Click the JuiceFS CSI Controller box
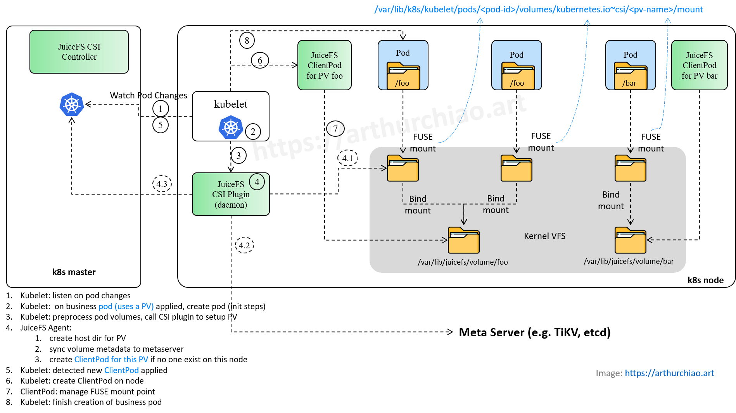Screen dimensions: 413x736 coord(79,52)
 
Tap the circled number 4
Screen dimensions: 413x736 coord(257,182)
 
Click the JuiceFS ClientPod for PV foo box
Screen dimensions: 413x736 coord(325,65)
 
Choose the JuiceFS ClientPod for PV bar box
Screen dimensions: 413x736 coord(699,65)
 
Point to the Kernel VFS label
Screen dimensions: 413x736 coord(544,236)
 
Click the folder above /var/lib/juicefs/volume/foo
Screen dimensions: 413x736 coord(464,241)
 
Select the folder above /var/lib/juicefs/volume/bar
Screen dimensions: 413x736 coord(630,241)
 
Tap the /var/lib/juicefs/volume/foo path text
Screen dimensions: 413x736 coord(463,262)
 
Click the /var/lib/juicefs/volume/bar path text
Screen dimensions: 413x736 coord(629,262)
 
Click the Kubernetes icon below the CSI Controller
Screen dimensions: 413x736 coord(72,105)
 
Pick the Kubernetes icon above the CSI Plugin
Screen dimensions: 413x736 coord(231,127)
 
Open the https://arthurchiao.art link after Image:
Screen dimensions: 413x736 coord(669,373)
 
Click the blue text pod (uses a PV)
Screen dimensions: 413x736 coord(126,306)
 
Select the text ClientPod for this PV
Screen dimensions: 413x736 coord(111,360)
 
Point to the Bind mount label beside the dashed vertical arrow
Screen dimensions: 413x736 coord(611,200)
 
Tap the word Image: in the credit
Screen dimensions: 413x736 coord(609,373)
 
